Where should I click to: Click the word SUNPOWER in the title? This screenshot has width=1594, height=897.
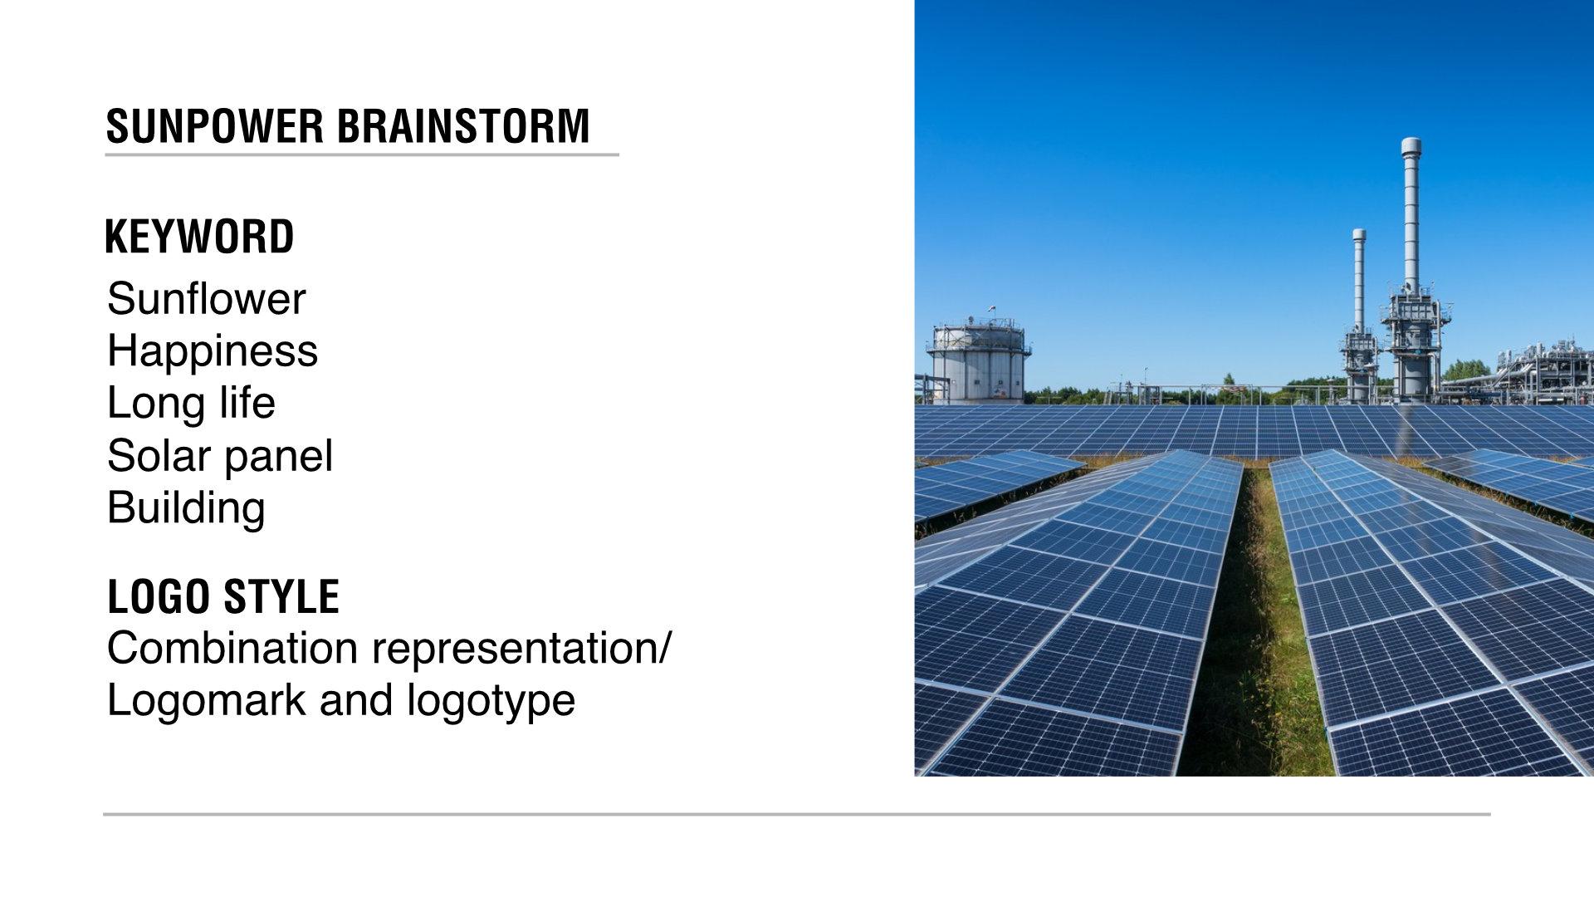215,126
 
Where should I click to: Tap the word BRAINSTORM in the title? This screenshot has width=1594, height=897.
463,126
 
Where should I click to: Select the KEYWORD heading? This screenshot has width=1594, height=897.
199,237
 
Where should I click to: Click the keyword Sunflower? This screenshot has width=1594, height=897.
206,299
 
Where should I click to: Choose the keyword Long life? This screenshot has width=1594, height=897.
191,404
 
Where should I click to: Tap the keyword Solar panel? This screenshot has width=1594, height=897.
220,456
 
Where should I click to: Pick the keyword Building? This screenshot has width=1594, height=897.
186,508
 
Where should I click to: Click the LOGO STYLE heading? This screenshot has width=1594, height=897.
223,596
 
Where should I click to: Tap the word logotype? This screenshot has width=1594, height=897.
491,702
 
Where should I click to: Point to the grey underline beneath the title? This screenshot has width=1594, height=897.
362,154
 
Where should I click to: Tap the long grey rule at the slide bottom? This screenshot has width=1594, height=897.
797,814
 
